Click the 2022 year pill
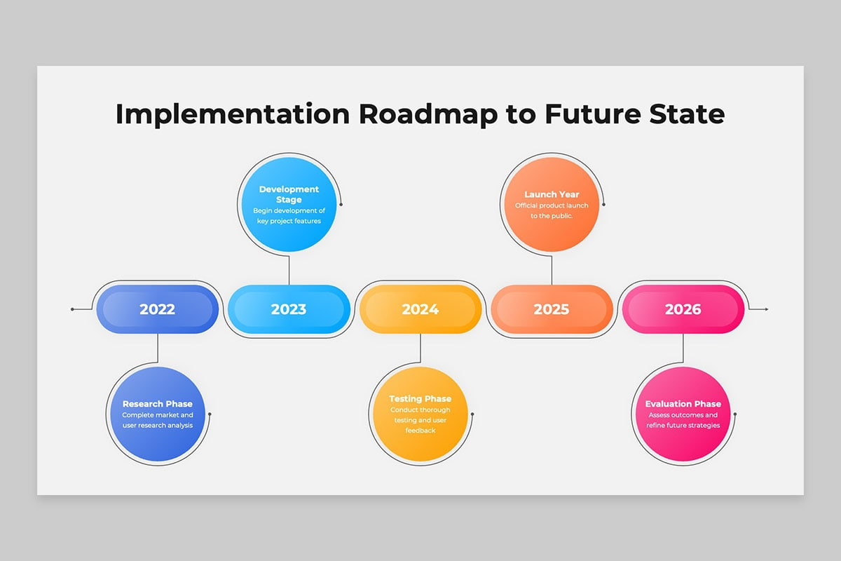(x=157, y=309)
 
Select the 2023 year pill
(x=289, y=309)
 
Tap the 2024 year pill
(x=420, y=309)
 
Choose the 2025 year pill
(x=552, y=309)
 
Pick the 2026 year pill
(x=683, y=309)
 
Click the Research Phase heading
(x=157, y=404)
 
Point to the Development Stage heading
(x=289, y=194)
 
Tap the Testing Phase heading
(x=420, y=399)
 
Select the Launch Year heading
(x=552, y=194)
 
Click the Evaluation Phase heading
(x=683, y=404)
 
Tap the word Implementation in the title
(x=231, y=114)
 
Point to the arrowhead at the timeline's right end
(x=766, y=309)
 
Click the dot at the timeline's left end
(x=72, y=309)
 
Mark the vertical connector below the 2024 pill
(x=420, y=349)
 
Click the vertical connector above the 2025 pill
(x=552, y=270)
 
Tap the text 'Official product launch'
(x=552, y=205)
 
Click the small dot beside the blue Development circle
(x=341, y=204)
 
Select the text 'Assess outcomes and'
(x=683, y=415)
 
